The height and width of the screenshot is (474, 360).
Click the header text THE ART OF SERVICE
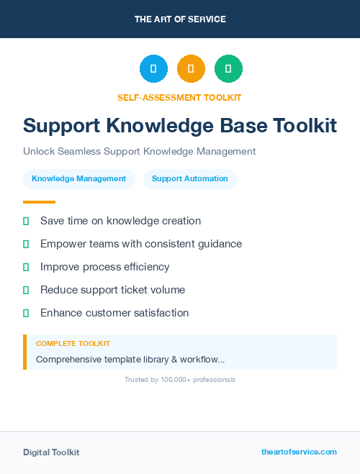coord(180,19)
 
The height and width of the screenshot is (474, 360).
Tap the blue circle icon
coord(153,69)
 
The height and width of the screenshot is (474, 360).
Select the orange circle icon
coord(191,69)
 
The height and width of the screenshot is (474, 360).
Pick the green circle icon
coord(228,69)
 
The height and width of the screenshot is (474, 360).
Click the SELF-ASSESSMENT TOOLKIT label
coord(179,97)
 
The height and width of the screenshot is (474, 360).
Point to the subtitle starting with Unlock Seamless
coord(139,152)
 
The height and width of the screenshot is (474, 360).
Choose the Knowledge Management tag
coord(79,179)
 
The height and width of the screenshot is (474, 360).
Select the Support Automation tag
coord(190,179)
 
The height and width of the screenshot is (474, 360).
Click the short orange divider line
coord(39,202)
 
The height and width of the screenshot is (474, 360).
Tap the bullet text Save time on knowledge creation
coord(120,221)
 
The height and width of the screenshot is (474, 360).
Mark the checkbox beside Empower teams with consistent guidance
coord(26,245)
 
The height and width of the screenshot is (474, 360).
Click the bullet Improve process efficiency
coord(104,267)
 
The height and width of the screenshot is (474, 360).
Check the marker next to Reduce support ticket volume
coord(26,291)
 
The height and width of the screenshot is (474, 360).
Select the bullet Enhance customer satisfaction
coord(114,313)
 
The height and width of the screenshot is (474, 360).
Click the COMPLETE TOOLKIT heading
coord(73,344)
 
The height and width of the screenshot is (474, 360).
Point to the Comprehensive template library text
coord(130,359)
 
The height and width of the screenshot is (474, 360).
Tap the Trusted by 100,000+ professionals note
coord(179,379)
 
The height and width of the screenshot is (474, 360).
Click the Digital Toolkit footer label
coord(51,452)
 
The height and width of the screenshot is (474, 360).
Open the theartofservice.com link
coord(299,452)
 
